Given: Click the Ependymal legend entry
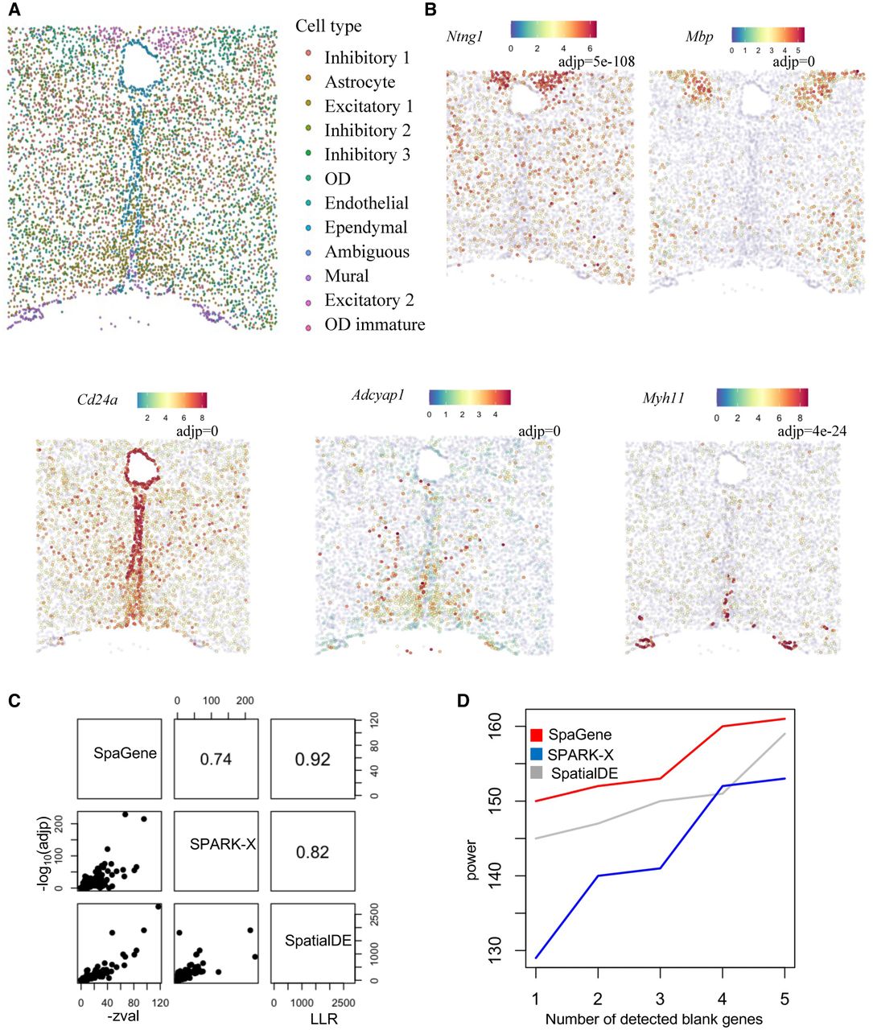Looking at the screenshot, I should point(365,228).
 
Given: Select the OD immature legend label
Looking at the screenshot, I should point(374,325).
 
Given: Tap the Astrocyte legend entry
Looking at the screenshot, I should point(360,82).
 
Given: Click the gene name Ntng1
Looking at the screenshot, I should point(464,37).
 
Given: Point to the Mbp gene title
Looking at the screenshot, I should point(699,37).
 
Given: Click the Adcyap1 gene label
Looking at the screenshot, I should point(377,395).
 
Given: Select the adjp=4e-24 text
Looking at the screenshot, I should point(812,432).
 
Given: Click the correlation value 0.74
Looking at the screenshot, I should point(216,759).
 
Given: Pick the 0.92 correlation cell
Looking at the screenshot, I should point(313,759).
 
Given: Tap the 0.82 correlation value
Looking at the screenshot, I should point(313,852).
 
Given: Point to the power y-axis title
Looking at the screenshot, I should point(472,859).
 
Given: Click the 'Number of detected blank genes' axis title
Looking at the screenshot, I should point(653,1020).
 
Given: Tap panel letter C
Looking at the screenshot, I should point(14,701).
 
